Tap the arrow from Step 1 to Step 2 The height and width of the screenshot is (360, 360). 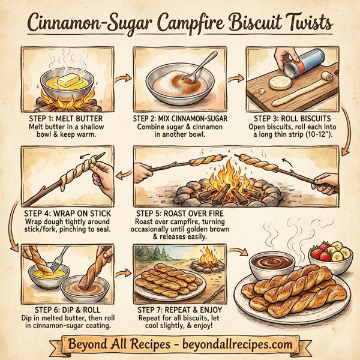(x=124, y=78)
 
